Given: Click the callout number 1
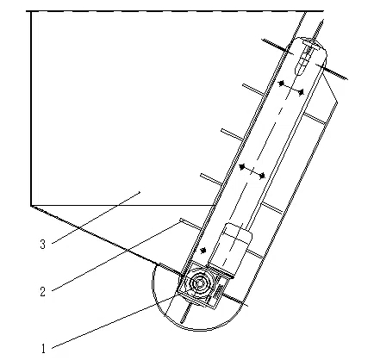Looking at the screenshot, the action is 43,349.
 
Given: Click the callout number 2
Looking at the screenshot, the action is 43,292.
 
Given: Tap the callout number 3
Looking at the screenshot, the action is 43,244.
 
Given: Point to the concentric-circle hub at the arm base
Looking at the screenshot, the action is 199,283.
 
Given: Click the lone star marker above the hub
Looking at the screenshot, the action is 203,251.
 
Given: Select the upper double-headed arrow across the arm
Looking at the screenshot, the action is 291,88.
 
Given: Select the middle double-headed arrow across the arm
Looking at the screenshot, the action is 252,171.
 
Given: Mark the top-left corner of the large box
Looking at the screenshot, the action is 31,11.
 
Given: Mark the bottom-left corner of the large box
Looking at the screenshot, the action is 31,205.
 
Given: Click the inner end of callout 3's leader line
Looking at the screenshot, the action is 140,192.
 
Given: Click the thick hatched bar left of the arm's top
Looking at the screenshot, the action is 277,47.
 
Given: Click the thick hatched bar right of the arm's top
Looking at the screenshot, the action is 332,71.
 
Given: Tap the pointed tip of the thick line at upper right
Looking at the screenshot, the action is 323,20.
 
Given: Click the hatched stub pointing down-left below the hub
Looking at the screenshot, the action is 186,313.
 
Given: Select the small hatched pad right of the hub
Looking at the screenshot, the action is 219,292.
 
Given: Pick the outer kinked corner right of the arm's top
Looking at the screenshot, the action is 338,102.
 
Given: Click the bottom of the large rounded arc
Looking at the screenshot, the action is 198,330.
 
